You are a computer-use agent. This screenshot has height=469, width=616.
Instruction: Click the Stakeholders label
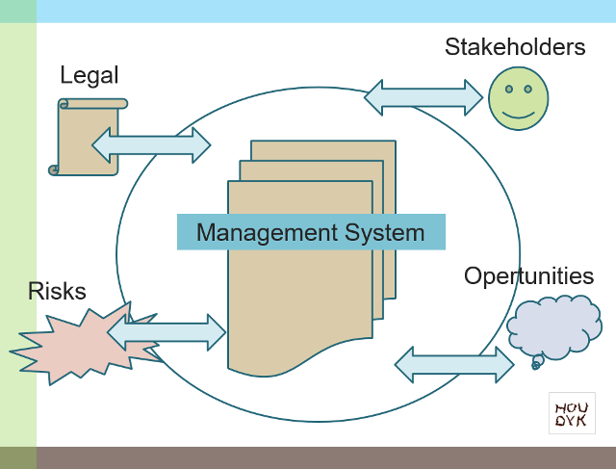pos(515,47)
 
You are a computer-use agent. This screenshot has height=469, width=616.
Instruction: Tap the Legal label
pos(90,75)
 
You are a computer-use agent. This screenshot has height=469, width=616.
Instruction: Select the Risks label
pos(57,292)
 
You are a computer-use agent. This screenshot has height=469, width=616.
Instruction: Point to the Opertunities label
pos(528,277)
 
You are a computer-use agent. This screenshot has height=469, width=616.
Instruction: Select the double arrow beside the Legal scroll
pos(151,145)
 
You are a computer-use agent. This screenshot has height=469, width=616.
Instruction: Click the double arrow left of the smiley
pos(423,97)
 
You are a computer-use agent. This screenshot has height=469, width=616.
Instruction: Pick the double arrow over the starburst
pos(167,332)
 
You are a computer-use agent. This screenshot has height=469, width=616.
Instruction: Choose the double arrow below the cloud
pos(454,365)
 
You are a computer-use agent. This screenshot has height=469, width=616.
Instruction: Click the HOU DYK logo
pos(572,413)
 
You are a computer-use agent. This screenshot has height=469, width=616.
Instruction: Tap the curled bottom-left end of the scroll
pos(54,170)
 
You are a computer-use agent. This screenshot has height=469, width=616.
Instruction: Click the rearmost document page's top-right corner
pos(394,143)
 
